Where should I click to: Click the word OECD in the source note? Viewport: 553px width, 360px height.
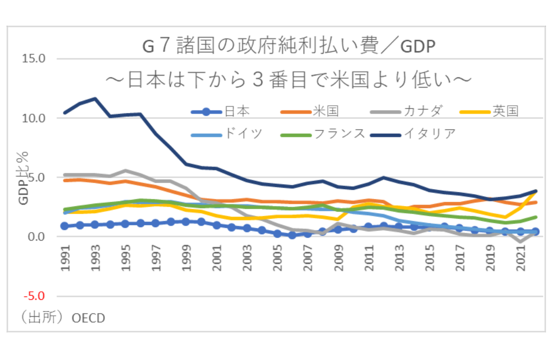(89, 318)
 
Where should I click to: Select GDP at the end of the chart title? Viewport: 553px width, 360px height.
(417, 48)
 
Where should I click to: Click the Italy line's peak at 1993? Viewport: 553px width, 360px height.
(96, 98)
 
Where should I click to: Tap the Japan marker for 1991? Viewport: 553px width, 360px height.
(65, 226)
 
